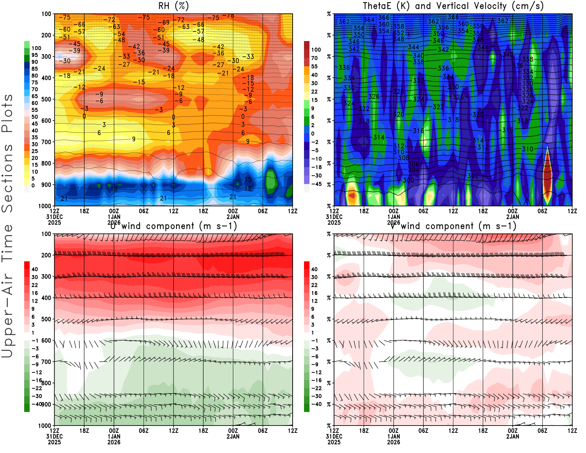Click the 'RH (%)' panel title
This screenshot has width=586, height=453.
pyautogui.click(x=173, y=6)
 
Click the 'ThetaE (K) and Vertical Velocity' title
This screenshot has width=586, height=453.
pyautogui.click(x=453, y=6)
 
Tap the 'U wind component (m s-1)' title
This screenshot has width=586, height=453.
pyautogui.click(x=173, y=226)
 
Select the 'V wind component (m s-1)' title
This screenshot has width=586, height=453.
pyautogui.click(x=453, y=226)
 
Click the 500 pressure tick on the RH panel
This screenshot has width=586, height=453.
pyautogui.click(x=46, y=99)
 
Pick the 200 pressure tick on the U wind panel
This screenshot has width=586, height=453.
pyautogui.click(x=46, y=255)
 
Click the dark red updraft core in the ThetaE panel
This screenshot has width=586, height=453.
pyautogui.click(x=547, y=172)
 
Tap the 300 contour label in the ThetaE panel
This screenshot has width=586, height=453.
pyautogui.click(x=408, y=180)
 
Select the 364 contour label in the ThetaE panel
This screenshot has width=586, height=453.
pyautogui.click(x=369, y=20)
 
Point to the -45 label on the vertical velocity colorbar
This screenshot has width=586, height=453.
pyautogui.click(x=316, y=184)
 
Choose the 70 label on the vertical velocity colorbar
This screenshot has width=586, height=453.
pyautogui.click(x=315, y=58)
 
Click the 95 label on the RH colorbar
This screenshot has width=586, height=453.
pyautogui.click(x=35, y=55)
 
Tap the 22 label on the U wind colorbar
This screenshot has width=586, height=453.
pyautogui.click(x=35, y=285)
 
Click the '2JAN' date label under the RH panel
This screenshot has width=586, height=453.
pyautogui.click(x=233, y=217)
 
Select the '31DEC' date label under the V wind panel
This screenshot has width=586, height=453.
pyautogui.click(x=334, y=437)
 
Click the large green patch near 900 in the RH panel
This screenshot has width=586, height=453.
pyautogui.click(x=271, y=181)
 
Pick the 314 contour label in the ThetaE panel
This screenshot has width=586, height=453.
pyautogui.click(x=379, y=137)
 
